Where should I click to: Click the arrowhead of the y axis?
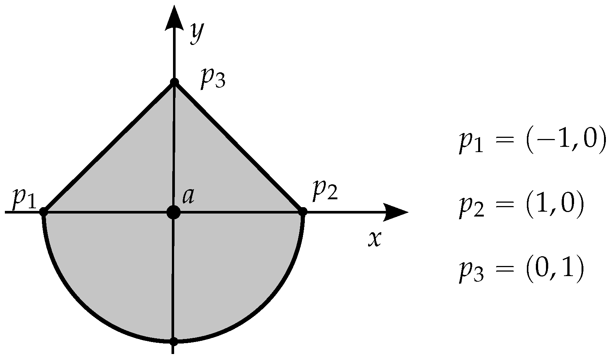click(x=173, y=19)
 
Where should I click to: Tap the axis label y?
click(x=197, y=33)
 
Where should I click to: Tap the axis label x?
click(x=374, y=239)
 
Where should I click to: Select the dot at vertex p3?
click(x=174, y=82)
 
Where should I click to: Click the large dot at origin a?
click(x=173, y=212)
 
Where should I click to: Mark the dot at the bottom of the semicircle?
click(x=173, y=341)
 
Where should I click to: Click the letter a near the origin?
click(x=188, y=197)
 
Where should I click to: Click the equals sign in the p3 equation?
click(x=503, y=269)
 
